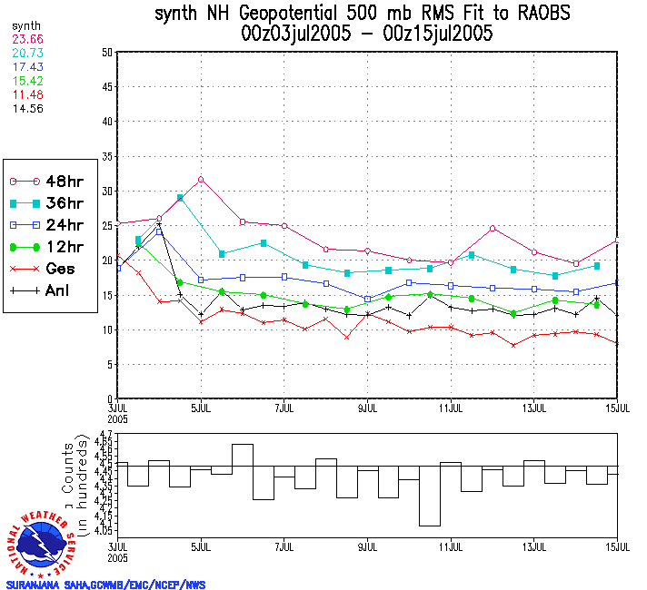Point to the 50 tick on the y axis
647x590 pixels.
pyautogui.click(x=106, y=53)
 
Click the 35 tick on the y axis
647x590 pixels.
pyautogui.click(x=106, y=157)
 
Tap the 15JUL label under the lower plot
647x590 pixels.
pyautogui.click(x=617, y=547)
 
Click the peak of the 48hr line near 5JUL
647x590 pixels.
pyautogui.click(x=200, y=179)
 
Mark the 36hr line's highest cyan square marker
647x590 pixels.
pyautogui.click(x=180, y=197)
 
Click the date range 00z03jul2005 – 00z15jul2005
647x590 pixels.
pyautogui.click(x=367, y=34)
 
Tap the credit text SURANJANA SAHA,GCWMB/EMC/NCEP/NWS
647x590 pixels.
pyautogui.click(x=106, y=585)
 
